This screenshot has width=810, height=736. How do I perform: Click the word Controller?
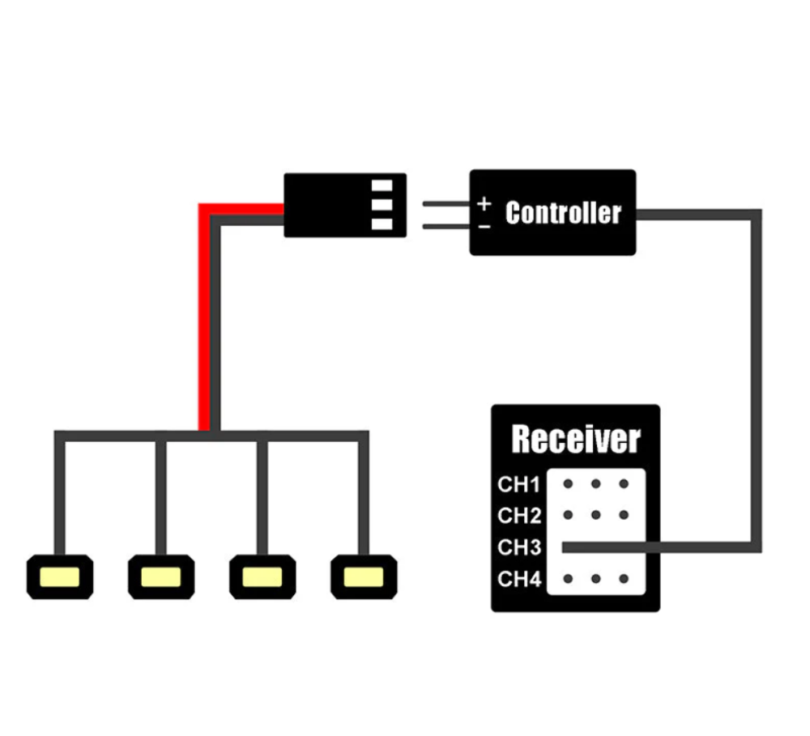[x=563, y=213]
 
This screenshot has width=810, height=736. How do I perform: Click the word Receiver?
[x=576, y=440]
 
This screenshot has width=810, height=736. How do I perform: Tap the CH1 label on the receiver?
[x=518, y=485]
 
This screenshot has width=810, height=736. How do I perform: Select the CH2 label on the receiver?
[x=518, y=516]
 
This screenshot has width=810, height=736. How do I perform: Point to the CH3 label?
[x=518, y=547]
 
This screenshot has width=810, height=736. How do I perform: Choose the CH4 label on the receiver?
[x=518, y=579]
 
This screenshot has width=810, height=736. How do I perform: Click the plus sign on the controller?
[x=484, y=203]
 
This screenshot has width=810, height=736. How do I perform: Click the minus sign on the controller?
[x=484, y=226]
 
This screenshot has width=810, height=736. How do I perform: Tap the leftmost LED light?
[x=60, y=576]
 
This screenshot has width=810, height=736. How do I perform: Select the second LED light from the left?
[x=161, y=576]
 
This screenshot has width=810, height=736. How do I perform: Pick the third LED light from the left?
[x=262, y=576]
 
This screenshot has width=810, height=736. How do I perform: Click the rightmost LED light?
[x=364, y=576]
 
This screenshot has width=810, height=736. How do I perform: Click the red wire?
[x=204, y=324]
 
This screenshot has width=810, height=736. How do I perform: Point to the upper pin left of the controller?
[x=446, y=204]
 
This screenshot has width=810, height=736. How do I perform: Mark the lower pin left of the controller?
[x=446, y=226]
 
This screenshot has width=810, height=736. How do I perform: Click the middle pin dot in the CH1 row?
[x=595, y=484]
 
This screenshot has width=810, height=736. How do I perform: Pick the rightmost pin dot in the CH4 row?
[x=623, y=578]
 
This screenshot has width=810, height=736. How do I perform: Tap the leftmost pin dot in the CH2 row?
[x=568, y=514]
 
